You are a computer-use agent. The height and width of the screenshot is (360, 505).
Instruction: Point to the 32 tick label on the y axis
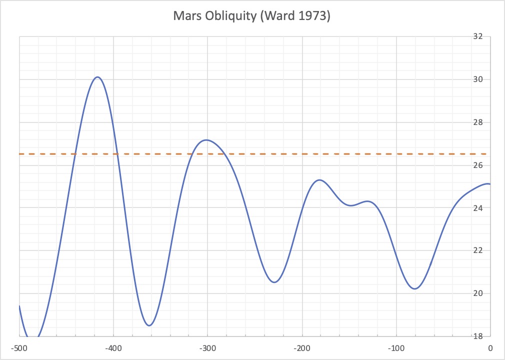click(x=477, y=36)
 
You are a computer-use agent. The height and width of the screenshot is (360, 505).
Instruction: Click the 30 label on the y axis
click(x=477, y=79)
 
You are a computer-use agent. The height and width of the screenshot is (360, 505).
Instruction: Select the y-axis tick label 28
click(x=477, y=122)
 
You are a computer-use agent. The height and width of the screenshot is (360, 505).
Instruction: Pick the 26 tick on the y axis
click(x=477, y=165)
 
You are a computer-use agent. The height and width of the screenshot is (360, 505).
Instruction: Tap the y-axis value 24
click(x=477, y=207)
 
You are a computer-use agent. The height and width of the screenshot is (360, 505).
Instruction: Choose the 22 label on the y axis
click(x=477, y=250)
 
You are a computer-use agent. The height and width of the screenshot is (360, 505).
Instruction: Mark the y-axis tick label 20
click(x=477, y=293)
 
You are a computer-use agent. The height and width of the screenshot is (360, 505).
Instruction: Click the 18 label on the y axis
click(x=477, y=336)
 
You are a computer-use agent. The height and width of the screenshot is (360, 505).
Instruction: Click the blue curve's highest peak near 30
click(x=97, y=77)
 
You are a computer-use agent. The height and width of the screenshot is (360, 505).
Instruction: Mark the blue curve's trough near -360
click(x=149, y=325)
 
